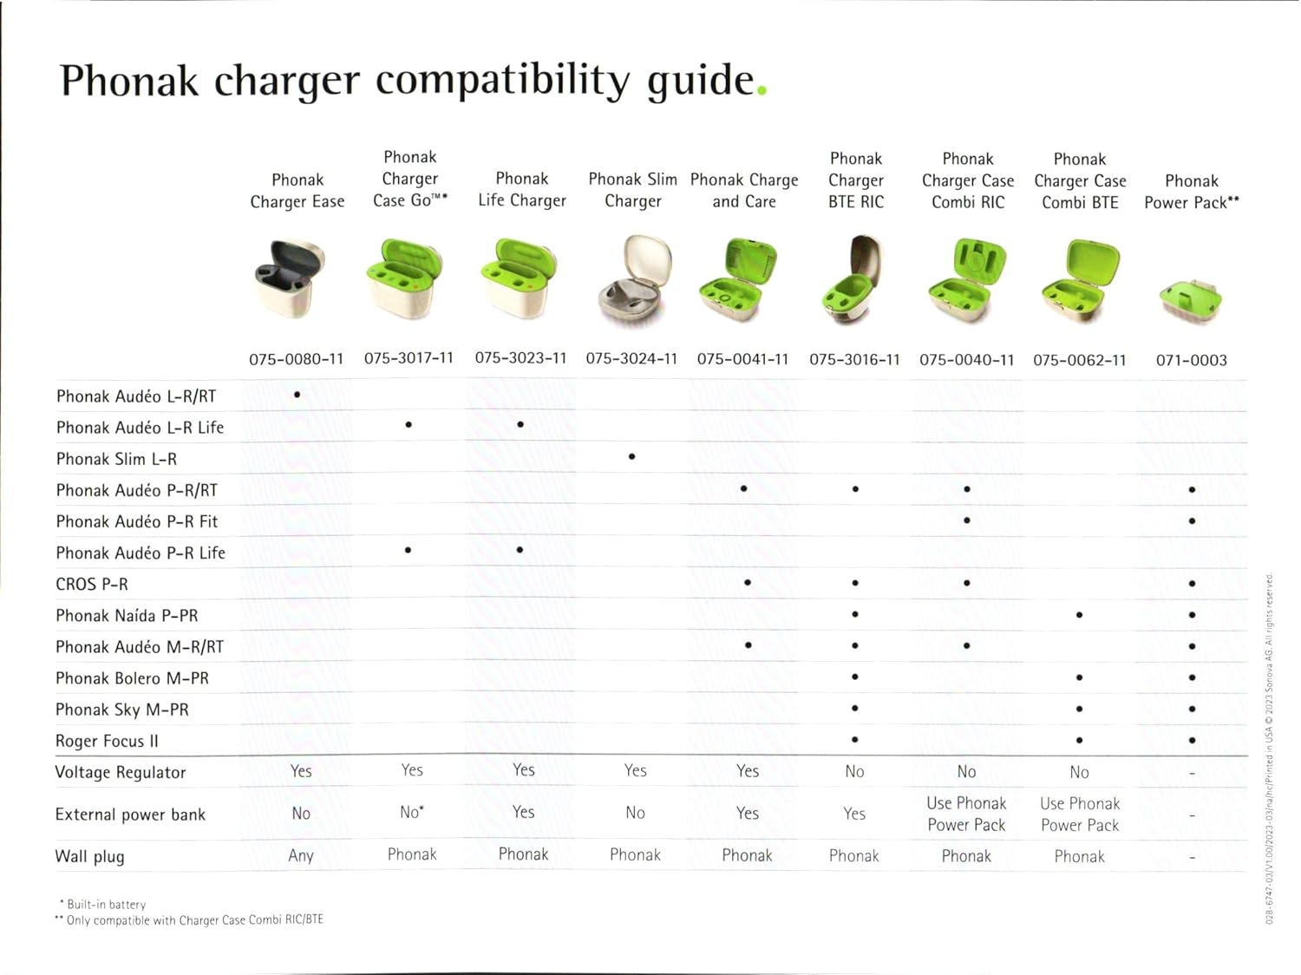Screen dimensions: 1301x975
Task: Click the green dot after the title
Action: (762, 90)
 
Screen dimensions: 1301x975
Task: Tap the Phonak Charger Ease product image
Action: (290, 278)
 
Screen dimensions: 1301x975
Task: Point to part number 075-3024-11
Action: (631, 358)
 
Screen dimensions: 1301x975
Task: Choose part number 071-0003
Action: (1192, 360)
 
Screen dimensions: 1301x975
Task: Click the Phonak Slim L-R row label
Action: (116, 459)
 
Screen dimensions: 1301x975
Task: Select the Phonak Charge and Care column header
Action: (744, 190)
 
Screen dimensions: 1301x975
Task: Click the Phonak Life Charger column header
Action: (522, 189)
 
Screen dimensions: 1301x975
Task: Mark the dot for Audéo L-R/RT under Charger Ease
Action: (297, 394)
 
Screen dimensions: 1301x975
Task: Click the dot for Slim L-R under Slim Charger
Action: (631, 456)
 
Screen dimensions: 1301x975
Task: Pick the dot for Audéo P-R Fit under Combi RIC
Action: (967, 520)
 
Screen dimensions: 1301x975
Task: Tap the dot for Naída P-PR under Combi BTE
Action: (1079, 615)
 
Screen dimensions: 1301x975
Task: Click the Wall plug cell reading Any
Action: (300, 855)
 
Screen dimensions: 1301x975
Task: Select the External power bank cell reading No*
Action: (411, 811)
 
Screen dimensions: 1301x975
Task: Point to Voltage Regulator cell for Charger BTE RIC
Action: (854, 771)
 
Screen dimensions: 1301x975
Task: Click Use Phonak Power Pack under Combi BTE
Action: (1079, 815)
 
